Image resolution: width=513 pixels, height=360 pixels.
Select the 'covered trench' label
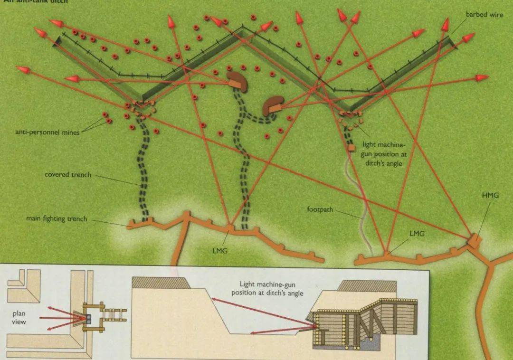click(x=68, y=175)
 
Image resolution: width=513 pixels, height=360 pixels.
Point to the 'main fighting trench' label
click(x=57, y=219)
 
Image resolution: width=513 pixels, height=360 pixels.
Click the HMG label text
click(x=490, y=196)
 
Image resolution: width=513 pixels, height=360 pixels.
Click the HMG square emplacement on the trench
click(x=474, y=240)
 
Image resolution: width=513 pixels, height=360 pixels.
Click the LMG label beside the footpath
click(x=417, y=234)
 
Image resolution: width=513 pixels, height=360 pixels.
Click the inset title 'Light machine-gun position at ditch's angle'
click(x=267, y=288)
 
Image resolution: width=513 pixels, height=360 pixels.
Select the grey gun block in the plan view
click(x=88, y=317)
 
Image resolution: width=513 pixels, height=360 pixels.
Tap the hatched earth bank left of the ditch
click(x=161, y=283)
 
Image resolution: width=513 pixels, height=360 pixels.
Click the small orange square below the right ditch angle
click(x=351, y=148)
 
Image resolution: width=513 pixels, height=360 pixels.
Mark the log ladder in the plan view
click(x=114, y=317)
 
